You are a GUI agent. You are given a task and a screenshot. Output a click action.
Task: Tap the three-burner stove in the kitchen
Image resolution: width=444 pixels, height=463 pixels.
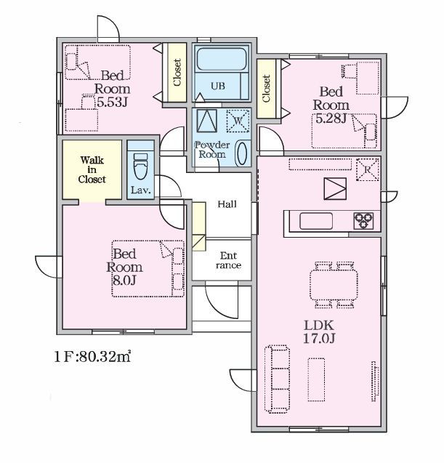pyautogui.click(x=363, y=221)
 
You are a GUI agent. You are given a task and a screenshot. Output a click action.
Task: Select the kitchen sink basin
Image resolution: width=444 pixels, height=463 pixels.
pyautogui.click(x=316, y=221)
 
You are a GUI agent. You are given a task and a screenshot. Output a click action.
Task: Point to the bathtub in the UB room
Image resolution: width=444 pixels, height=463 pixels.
pyautogui.click(x=222, y=59)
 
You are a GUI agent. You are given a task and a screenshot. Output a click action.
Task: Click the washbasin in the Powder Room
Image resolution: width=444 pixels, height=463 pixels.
pyautogui.click(x=242, y=153)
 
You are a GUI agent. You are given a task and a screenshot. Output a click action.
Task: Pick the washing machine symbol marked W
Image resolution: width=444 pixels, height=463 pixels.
pyautogui.click(x=238, y=121)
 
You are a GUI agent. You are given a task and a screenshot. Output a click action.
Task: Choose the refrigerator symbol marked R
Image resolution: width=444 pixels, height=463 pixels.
pyautogui.click(x=368, y=169)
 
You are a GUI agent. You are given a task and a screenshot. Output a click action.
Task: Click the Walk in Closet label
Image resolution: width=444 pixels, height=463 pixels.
pyautogui.click(x=92, y=170)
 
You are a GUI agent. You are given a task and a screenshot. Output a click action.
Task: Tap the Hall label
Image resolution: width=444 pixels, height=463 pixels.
pyautogui.click(x=227, y=204)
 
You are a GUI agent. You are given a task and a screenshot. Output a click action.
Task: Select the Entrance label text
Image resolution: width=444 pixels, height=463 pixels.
pyautogui.click(x=228, y=260)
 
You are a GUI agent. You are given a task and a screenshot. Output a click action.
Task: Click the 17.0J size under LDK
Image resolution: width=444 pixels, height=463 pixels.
pyautogui.click(x=319, y=339)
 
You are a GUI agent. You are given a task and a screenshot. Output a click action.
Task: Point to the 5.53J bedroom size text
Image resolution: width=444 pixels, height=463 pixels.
pyautogui.click(x=112, y=102)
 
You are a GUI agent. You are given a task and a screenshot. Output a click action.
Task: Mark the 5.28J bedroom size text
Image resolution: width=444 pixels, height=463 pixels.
pyautogui.click(x=331, y=118)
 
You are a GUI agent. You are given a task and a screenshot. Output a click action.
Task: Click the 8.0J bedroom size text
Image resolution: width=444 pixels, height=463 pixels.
pyautogui.click(x=124, y=281)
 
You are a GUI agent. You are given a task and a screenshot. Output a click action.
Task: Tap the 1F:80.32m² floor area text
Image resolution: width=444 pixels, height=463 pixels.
pyautogui.click(x=92, y=356)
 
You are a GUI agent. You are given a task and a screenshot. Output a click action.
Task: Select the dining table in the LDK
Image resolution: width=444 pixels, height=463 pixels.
pyautogui.click(x=334, y=285)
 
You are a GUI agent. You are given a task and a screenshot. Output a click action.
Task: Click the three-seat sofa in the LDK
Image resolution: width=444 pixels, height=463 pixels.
pyautogui.click(x=277, y=379)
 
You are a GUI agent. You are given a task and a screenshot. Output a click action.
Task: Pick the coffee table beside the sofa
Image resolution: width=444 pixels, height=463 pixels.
pyautogui.click(x=317, y=379)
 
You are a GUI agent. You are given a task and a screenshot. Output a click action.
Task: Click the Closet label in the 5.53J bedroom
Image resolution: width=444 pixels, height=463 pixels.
pyautogui.click(x=177, y=73)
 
